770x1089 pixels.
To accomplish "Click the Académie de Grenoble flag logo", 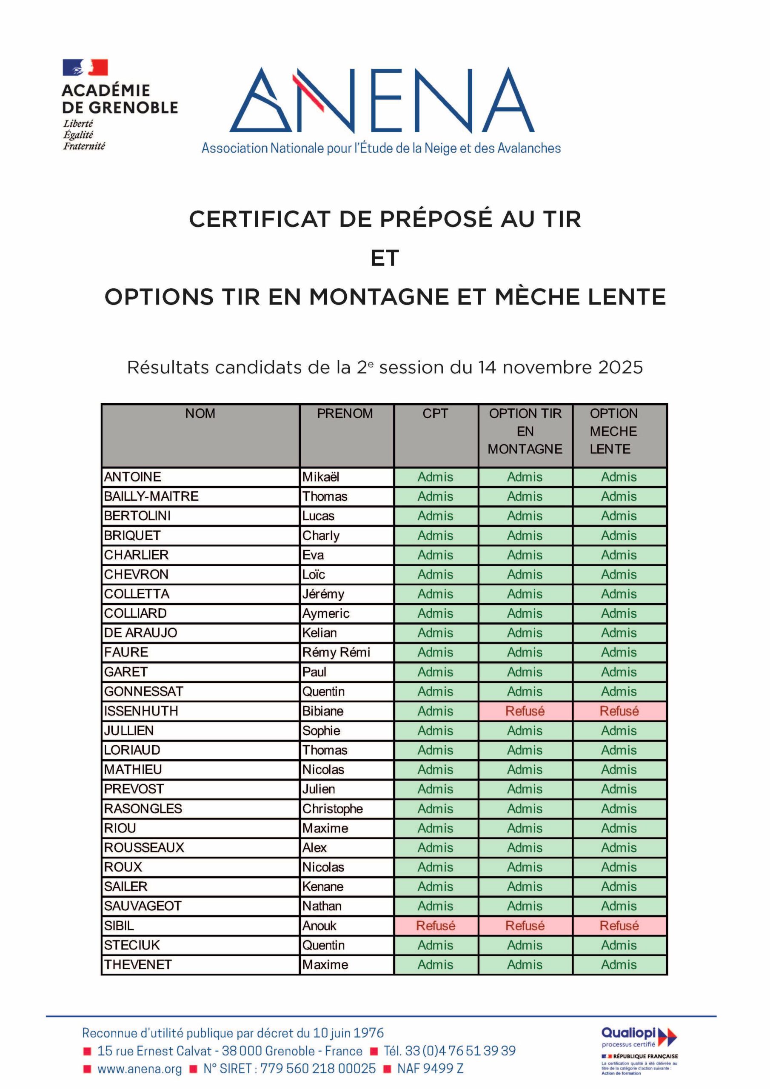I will [x=86, y=67].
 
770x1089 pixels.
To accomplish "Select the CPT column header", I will [x=435, y=413].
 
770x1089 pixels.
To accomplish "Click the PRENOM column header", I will [x=345, y=413].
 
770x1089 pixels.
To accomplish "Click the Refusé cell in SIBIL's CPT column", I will [x=435, y=925].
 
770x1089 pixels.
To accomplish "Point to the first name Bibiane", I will [x=322, y=711].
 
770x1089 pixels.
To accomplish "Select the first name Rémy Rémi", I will [x=336, y=653].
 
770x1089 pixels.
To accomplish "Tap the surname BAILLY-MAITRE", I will [x=151, y=496].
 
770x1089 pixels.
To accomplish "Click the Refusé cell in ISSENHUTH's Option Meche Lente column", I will [x=619, y=711].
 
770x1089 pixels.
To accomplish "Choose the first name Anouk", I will [x=319, y=925].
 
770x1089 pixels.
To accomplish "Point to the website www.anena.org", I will [x=140, y=1069].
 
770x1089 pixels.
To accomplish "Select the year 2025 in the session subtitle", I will [x=620, y=368].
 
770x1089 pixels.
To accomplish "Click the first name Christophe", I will [x=333, y=809].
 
